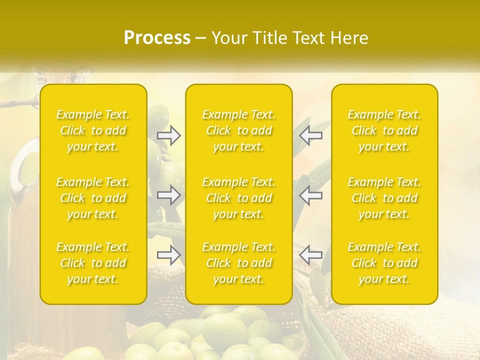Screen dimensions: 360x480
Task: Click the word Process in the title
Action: (157, 38)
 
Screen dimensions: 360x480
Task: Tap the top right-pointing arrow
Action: (169, 135)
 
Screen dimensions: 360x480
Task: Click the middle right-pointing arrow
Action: (169, 195)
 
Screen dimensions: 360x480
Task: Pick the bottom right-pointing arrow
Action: (169, 255)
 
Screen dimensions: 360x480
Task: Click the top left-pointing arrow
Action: (310, 135)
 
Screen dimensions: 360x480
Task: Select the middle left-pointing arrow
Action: (310, 195)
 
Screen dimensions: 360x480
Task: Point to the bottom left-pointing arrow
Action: (310, 255)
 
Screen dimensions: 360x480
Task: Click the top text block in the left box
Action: (93, 130)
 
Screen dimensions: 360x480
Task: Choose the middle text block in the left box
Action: (93, 198)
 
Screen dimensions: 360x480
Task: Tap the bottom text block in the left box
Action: (93, 263)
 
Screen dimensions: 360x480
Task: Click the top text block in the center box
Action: (239, 130)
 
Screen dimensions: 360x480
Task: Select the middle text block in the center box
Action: (239, 198)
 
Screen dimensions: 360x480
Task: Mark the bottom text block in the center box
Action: (239, 263)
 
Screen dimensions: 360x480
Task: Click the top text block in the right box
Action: (384, 130)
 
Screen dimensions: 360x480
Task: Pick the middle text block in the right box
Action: (384, 198)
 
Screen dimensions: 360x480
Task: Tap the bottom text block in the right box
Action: (384, 263)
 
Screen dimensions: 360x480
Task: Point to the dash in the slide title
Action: (201, 38)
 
